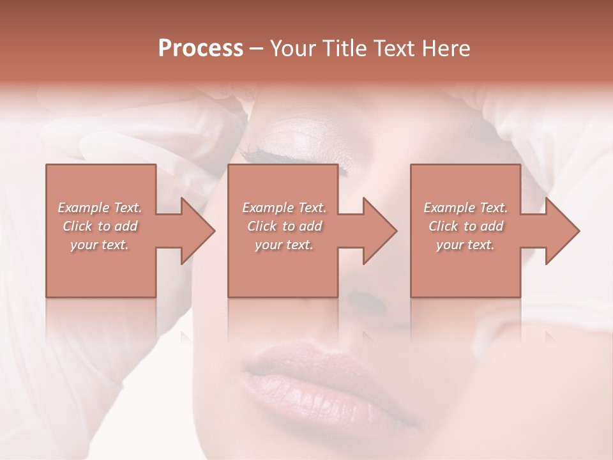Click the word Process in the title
(x=201, y=49)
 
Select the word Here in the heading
(x=445, y=49)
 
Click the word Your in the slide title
(x=293, y=49)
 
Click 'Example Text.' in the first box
(x=100, y=208)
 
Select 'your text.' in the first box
(x=100, y=245)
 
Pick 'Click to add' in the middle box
(x=284, y=226)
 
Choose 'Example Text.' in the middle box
(x=284, y=208)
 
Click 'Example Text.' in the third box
(x=465, y=208)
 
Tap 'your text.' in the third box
(x=465, y=245)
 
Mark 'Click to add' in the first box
(x=100, y=226)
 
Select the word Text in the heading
(x=393, y=49)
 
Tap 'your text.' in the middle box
(x=284, y=245)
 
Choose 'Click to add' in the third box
(x=465, y=226)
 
